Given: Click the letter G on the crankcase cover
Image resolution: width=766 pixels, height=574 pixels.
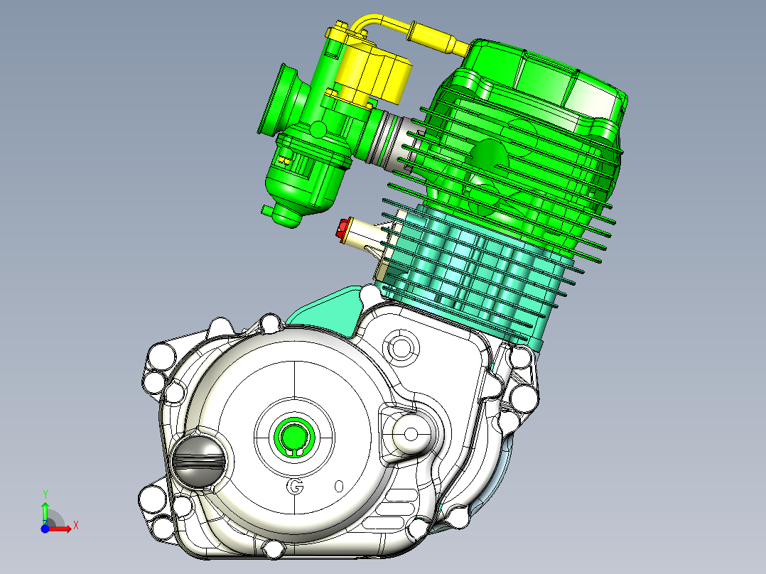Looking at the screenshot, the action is (296, 487).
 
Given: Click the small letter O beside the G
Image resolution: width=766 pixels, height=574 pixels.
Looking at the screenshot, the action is (339, 486).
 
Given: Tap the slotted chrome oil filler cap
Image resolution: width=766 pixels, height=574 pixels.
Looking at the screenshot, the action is (198, 458).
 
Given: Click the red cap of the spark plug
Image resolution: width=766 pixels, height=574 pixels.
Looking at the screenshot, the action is (342, 229).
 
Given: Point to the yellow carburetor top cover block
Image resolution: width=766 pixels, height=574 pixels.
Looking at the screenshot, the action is (376, 73).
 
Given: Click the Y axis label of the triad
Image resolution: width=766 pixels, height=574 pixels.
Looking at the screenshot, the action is (45, 494).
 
